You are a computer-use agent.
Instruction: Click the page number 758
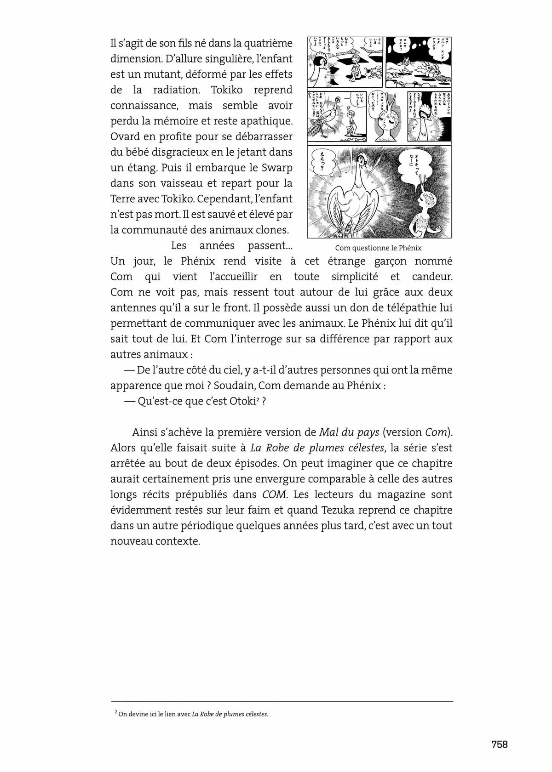tap(499, 744)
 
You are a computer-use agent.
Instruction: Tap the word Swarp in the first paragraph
tap(277, 167)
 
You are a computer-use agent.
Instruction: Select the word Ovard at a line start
tap(125, 136)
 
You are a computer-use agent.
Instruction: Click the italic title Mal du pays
tap(349, 432)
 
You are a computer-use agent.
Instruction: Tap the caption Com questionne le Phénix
tap(378, 248)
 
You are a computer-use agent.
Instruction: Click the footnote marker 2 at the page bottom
tap(116, 713)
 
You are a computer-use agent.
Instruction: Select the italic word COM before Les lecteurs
tap(275, 494)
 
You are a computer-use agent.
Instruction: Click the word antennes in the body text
tap(130, 308)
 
